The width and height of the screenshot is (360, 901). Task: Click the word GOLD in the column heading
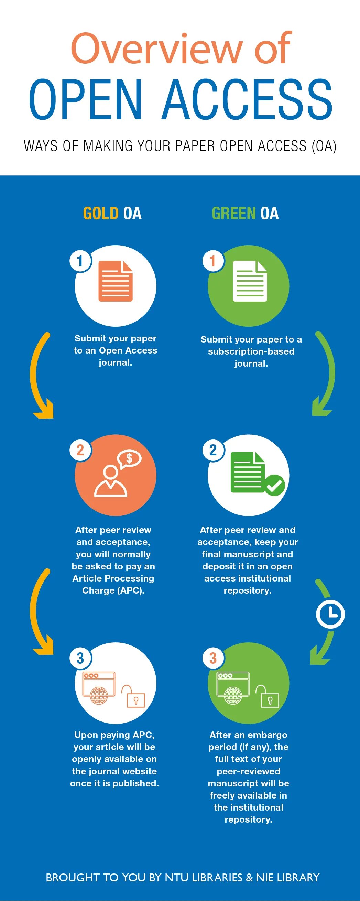pyautogui.click(x=101, y=213)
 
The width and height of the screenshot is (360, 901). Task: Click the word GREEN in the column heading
pyautogui.click(x=234, y=213)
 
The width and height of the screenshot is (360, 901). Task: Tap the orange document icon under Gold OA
pyautogui.click(x=116, y=281)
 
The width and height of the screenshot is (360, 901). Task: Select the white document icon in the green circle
pyautogui.click(x=250, y=281)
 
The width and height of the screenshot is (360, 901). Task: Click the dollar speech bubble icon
pyautogui.click(x=129, y=458)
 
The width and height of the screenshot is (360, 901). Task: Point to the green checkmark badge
pyautogui.click(x=275, y=485)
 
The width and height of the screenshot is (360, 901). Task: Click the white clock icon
pyautogui.click(x=330, y=614)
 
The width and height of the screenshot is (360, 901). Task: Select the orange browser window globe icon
pyautogui.click(x=99, y=688)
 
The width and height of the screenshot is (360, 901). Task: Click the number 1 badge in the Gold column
pyautogui.click(x=80, y=261)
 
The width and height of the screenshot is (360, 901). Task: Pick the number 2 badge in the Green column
pyautogui.click(x=213, y=450)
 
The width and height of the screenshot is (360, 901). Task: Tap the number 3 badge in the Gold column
pyautogui.click(x=80, y=658)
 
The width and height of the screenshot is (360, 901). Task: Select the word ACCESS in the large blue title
pyautogui.click(x=247, y=100)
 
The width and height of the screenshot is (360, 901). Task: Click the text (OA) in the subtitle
pyautogui.click(x=324, y=146)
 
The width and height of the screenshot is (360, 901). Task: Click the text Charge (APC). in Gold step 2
pyautogui.click(x=113, y=590)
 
